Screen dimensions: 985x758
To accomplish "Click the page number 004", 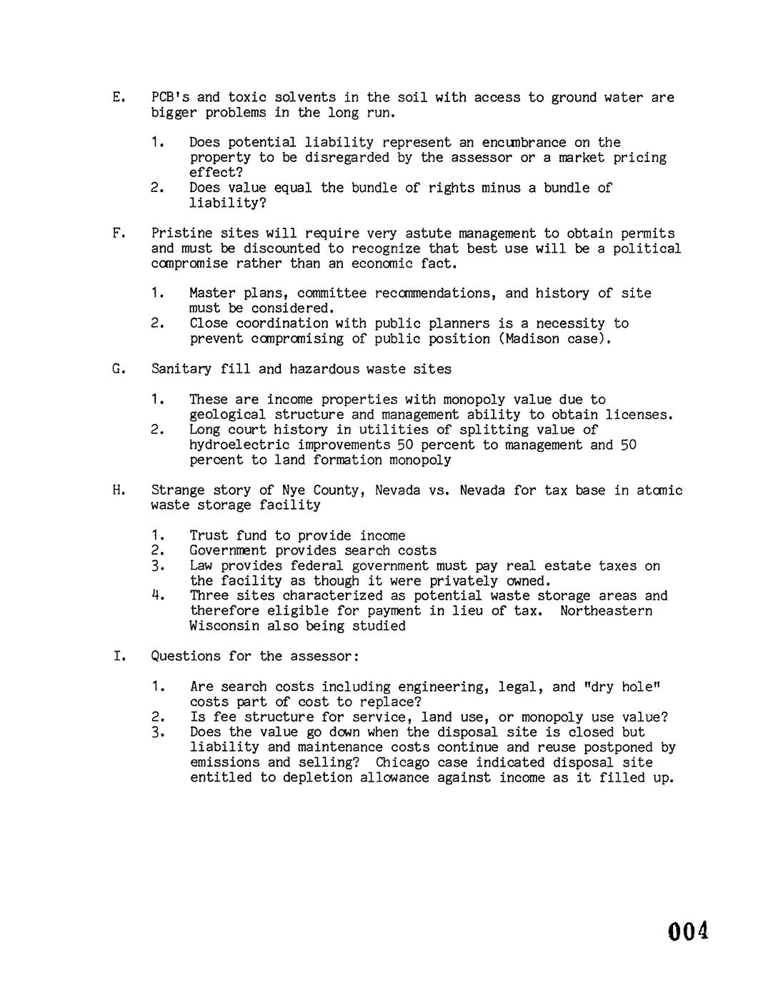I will click(688, 931).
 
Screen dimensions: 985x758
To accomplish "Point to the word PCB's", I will click(169, 97).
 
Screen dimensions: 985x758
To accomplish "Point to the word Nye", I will click(294, 490).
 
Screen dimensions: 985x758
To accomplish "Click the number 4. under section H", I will click(159, 596).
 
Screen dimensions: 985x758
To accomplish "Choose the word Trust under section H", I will click(209, 536).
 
